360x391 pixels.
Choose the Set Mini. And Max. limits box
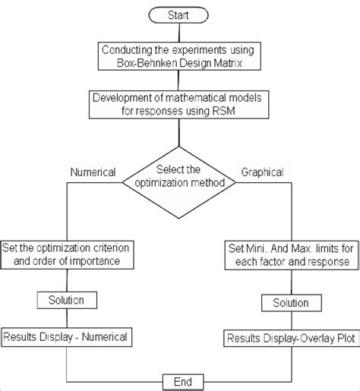coord(290,254)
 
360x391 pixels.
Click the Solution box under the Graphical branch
coord(289,302)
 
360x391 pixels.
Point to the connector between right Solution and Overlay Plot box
coord(289,319)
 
